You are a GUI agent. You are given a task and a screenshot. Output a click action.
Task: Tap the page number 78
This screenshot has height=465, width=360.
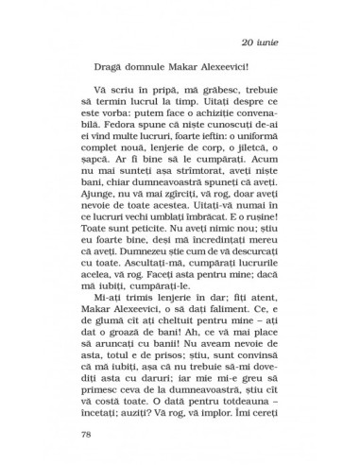click(x=78, y=436)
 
